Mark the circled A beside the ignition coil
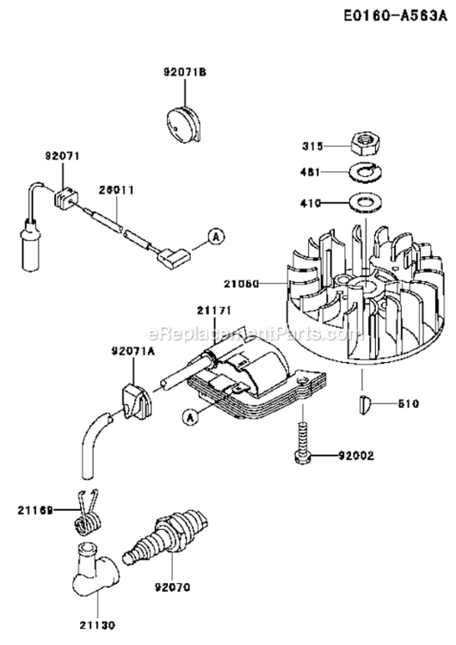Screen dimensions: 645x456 pos(189,417)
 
